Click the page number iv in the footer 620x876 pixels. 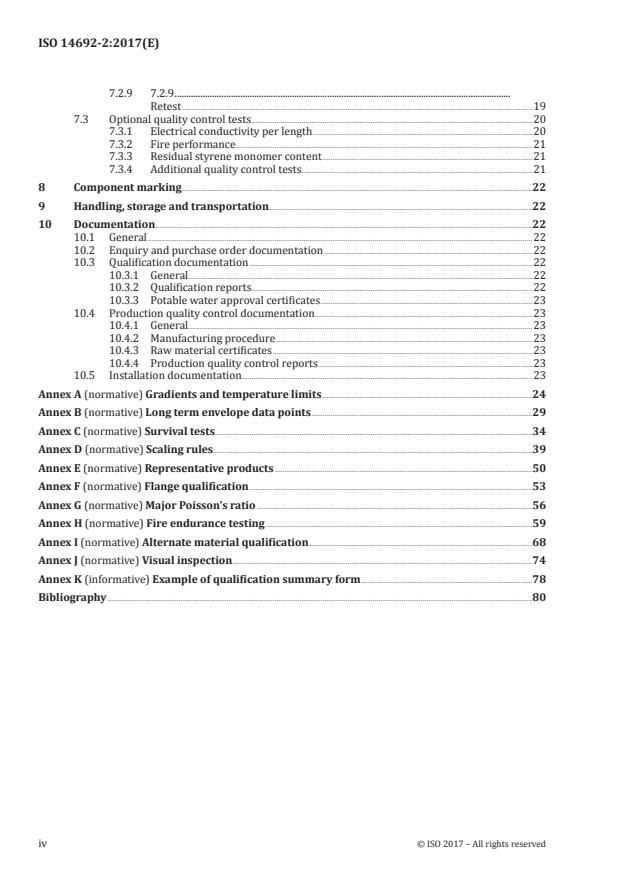pos(43,844)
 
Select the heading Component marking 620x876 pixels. pos(128,187)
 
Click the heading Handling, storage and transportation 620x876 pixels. pos(171,206)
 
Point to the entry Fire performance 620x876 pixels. pos(192,144)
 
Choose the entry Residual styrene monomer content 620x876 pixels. pos(235,157)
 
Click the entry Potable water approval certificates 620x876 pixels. pos(235,300)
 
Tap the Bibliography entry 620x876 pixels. pos(72,598)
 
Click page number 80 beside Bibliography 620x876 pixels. pos(539,598)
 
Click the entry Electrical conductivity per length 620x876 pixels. pos(231,132)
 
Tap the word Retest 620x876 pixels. pos(166,105)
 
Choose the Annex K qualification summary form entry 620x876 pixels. pos(198,579)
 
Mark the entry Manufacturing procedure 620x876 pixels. pos(211,338)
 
